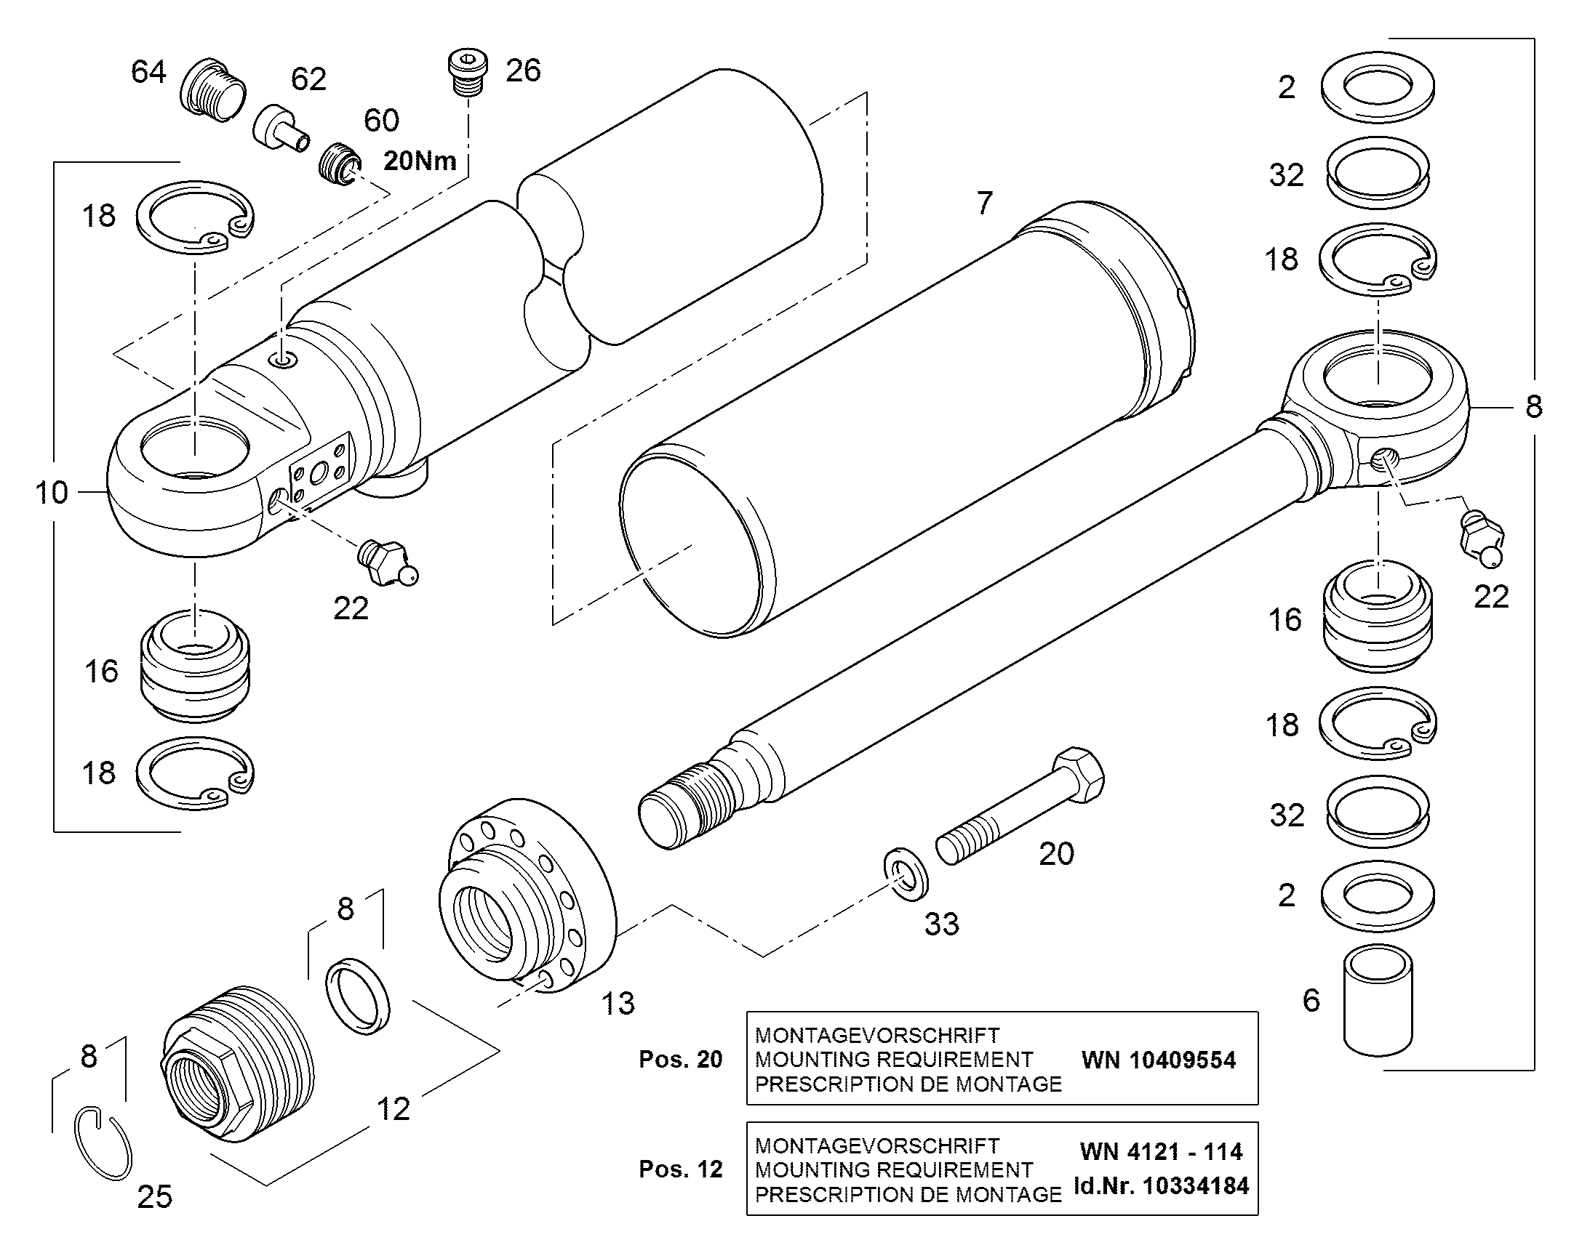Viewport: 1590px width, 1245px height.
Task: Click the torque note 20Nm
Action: coord(420,161)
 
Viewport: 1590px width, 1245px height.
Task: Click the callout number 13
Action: coord(618,1004)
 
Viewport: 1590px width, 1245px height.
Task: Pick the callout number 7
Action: coord(985,203)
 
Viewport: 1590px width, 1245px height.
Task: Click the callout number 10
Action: coord(52,493)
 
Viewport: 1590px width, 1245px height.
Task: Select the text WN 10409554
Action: coord(1159,1060)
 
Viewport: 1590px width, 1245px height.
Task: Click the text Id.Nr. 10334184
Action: coord(1161,1186)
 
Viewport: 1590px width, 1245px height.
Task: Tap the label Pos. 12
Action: coord(681,1169)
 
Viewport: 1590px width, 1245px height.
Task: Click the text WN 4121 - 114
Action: coord(1161,1152)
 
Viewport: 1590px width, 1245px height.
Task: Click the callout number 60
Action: coord(381,120)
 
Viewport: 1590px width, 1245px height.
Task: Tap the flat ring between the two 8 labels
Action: coord(357,997)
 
